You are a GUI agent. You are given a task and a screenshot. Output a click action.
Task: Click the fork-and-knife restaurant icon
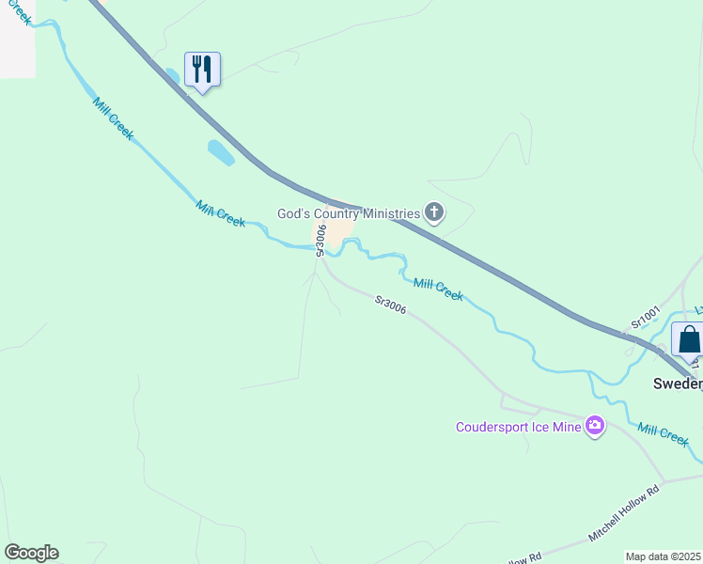(202, 70)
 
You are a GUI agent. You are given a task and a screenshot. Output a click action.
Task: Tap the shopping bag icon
(689, 338)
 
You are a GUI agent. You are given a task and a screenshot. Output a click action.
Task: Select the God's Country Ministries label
(348, 213)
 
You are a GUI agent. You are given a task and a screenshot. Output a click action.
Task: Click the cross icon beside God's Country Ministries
(433, 212)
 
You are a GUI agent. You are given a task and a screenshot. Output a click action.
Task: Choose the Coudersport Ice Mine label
(519, 427)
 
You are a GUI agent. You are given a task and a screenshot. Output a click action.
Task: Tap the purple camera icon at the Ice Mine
(594, 427)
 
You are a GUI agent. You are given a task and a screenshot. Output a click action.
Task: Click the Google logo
(31, 553)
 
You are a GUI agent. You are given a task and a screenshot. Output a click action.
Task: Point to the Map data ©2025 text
(664, 556)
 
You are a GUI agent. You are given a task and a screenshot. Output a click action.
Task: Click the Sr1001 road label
(646, 316)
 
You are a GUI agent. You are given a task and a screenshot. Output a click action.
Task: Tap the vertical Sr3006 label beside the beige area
(320, 239)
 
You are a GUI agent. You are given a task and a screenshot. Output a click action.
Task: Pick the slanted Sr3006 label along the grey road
(390, 305)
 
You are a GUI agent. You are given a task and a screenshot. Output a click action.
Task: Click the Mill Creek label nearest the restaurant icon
(113, 117)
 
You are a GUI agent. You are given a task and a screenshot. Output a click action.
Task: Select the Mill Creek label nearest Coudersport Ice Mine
(663, 433)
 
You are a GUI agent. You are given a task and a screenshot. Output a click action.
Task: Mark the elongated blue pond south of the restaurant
(220, 152)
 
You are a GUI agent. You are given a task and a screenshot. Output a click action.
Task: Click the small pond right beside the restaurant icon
(173, 75)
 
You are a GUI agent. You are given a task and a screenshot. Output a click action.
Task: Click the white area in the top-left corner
(16, 47)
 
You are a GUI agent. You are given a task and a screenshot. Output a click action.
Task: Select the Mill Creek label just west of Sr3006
(221, 213)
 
